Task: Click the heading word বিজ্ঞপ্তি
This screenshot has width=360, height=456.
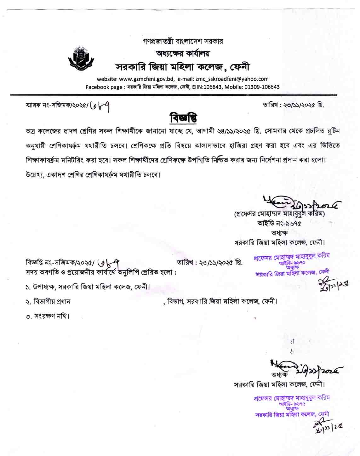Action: pyautogui.click(x=183, y=118)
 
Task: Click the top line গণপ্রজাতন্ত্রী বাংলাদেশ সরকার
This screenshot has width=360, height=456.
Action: pyautogui.click(x=183, y=41)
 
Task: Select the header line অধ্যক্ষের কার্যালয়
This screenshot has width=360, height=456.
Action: pyautogui.click(x=183, y=53)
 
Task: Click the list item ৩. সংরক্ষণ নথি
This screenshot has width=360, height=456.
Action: pyautogui.click(x=47, y=316)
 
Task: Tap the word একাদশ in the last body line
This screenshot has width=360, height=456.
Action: pyautogui.click(x=58, y=174)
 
